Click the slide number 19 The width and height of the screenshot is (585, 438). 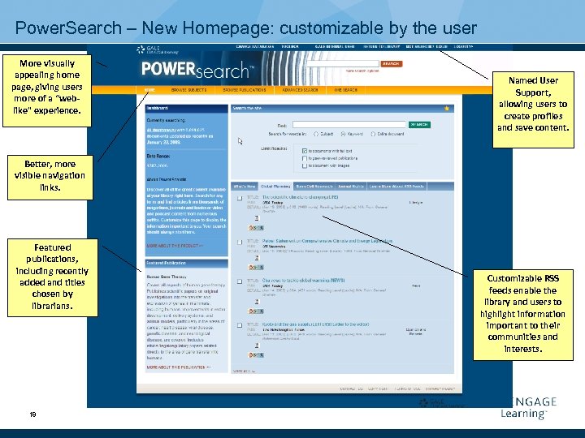[32, 414]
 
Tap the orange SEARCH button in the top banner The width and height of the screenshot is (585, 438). [391, 63]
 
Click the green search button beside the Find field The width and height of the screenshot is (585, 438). [418, 124]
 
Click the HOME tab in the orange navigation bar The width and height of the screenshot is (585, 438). [149, 90]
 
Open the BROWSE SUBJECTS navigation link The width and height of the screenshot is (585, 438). [188, 90]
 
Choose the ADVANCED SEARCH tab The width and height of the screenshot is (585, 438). [299, 90]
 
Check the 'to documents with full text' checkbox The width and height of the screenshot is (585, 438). [304, 150]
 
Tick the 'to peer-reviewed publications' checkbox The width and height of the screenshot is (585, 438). [304, 157]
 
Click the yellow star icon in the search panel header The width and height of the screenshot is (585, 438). [445, 107]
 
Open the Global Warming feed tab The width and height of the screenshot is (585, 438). [277, 187]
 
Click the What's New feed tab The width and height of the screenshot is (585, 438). [244, 187]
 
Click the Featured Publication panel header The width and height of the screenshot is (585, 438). [186, 263]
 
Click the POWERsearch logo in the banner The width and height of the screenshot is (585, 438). [194, 70]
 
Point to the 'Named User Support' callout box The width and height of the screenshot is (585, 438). [533, 104]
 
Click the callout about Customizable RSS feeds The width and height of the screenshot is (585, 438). [532, 313]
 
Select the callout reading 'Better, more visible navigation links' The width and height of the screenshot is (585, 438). [50, 175]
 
